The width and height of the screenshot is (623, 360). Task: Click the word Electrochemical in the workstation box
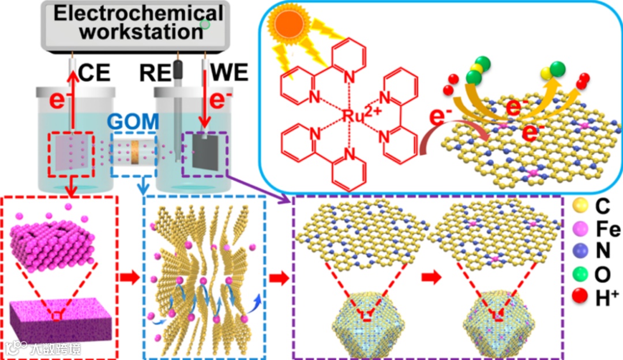pyautogui.click(x=138, y=13)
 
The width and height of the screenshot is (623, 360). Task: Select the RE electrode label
pyautogui.click(x=153, y=74)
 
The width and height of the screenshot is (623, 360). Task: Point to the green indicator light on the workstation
pyautogui.click(x=204, y=24)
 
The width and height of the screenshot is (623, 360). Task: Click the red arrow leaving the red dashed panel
pyautogui.click(x=129, y=278)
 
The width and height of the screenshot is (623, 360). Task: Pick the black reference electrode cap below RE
pyautogui.click(x=178, y=70)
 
